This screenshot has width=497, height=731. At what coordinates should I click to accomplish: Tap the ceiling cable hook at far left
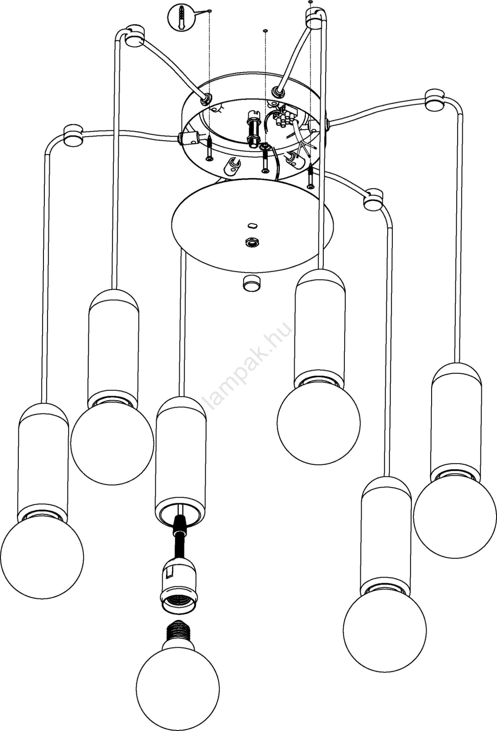point(72,134)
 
